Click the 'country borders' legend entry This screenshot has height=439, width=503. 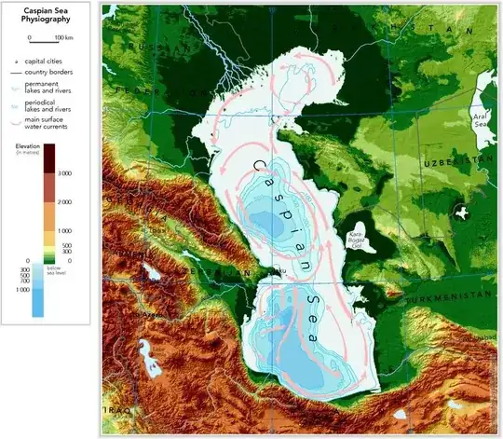pyautogui.click(x=52, y=71)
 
